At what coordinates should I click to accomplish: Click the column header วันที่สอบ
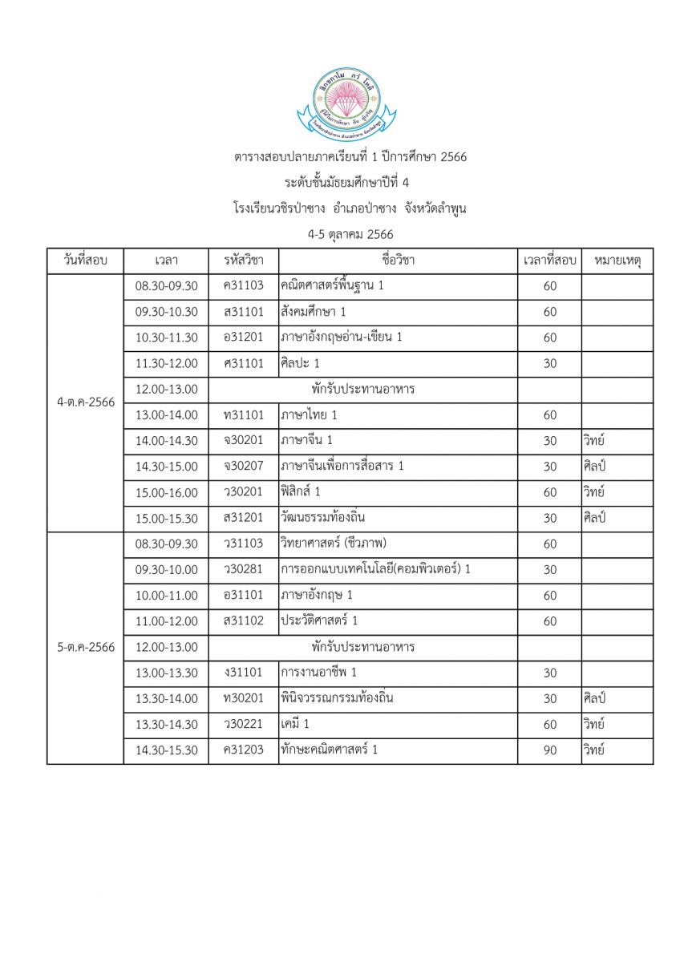85,261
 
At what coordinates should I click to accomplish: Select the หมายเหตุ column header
617,261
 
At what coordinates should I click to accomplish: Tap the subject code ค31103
244,286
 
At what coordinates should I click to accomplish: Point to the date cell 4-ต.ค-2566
86,402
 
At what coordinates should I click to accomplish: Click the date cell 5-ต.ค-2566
86,647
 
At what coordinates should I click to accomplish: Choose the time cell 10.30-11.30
166,338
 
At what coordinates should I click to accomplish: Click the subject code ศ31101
244,363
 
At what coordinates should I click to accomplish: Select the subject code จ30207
244,466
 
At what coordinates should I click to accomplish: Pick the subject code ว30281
244,569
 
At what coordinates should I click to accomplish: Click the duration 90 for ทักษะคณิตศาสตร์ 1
549,750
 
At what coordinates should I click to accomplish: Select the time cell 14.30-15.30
166,750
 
